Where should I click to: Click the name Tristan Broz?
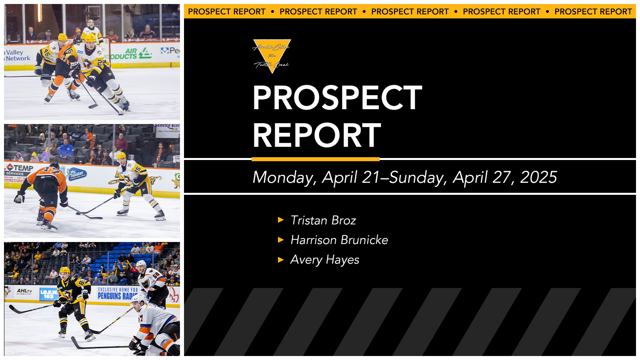click(323, 220)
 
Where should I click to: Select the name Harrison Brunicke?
click(339, 240)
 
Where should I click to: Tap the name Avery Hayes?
click(324, 260)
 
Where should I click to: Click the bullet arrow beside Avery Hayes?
click(281, 260)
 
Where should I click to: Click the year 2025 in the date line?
click(538, 177)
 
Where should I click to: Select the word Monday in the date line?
click(284, 178)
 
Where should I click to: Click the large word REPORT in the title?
click(317, 135)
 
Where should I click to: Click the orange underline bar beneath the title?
click(316, 159)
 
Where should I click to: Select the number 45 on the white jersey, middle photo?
click(137, 170)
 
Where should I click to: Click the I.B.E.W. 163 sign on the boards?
click(49, 294)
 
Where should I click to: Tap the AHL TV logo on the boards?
click(24, 291)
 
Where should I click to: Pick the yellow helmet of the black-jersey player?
click(65, 271)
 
